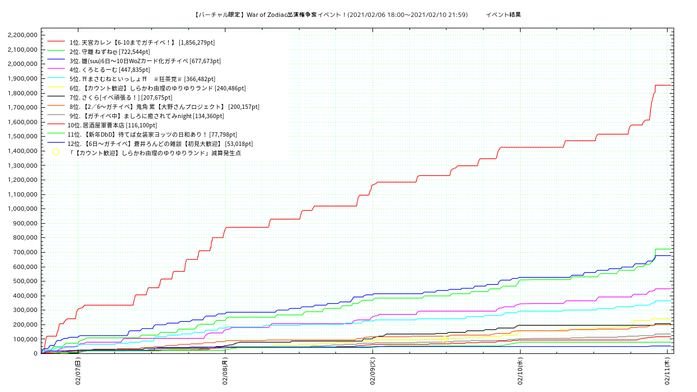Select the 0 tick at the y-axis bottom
point(35,353)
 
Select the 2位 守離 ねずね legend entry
point(109,52)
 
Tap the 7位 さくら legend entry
point(113,97)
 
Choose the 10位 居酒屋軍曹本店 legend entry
point(112,125)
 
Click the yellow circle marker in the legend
point(56,152)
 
